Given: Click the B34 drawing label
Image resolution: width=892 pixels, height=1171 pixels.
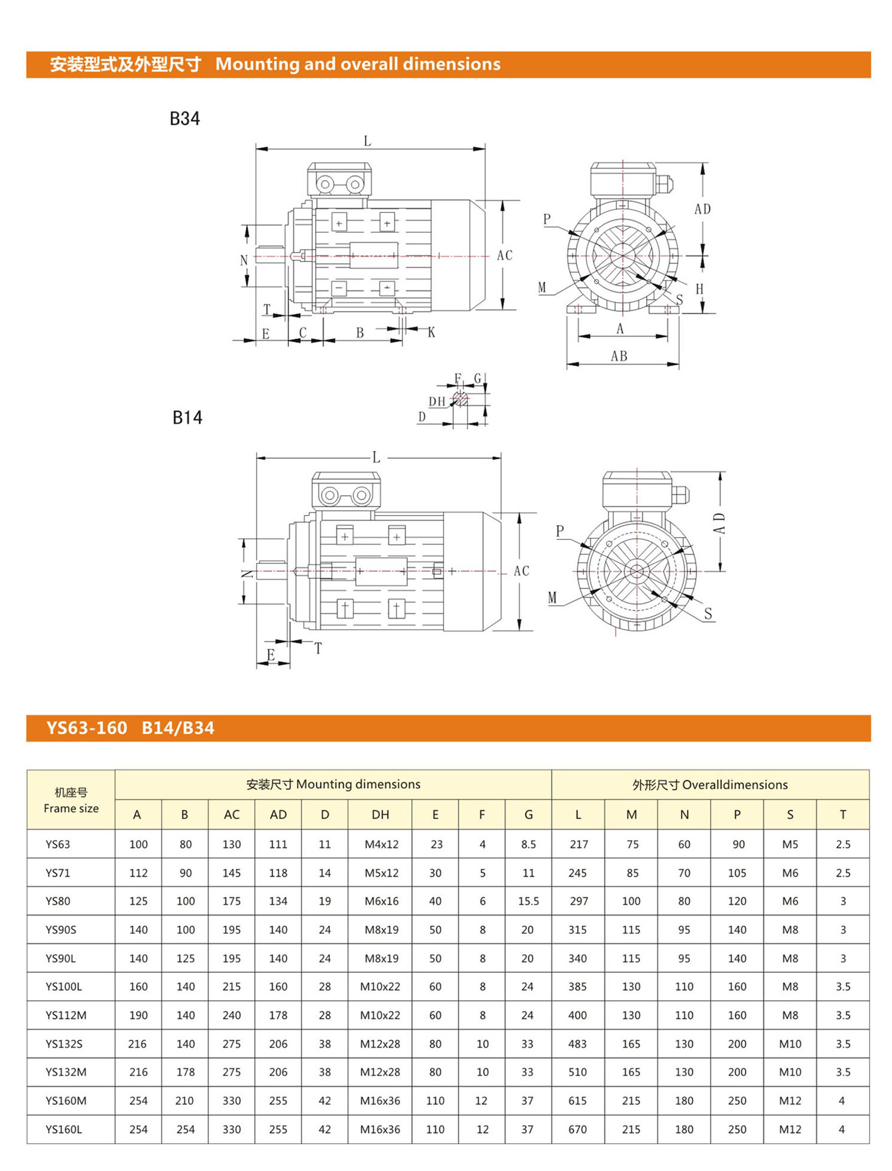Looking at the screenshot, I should point(184,119).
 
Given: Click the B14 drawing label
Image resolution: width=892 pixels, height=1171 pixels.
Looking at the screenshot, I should point(187,418).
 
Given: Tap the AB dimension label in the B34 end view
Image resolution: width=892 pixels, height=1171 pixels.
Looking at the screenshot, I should point(619,356).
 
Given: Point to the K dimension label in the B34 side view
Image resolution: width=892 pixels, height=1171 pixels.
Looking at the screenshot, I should point(432,332).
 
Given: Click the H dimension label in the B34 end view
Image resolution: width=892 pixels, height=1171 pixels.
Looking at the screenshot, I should point(699,289).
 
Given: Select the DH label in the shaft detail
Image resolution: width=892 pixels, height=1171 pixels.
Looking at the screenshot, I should point(437,402).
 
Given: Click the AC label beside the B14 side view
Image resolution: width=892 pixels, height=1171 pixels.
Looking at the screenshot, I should point(521,571).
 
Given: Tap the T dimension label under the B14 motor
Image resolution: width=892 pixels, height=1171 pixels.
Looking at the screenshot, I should point(318,648).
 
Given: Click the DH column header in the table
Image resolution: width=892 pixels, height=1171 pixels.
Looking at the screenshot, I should point(380,814).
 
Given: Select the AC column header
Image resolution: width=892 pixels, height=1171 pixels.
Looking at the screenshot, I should point(231,814).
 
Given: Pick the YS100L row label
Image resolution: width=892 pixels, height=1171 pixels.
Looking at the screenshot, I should point(64,986).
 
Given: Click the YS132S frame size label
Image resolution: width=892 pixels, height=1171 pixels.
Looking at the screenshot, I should point(64,1044).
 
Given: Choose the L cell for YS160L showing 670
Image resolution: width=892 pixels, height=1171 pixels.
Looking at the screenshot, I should point(578,1129).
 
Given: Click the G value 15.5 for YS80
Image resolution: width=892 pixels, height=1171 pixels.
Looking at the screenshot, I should point(528,901).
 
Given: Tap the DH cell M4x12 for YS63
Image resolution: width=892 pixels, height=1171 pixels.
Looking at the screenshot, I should point(381,845).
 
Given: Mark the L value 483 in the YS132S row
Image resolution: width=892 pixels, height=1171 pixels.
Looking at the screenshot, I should point(578,1044).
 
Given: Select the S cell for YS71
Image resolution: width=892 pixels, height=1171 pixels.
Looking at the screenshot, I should point(790,873).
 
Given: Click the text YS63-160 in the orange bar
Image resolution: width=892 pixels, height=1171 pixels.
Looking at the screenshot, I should point(87,728).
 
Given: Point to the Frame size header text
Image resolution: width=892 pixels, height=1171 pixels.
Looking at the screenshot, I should point(71,808).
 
